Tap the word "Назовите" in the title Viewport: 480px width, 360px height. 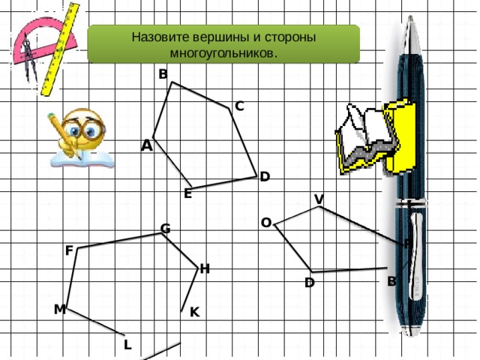(x=160, y=37)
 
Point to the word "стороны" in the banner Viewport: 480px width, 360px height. (x=290, y=37)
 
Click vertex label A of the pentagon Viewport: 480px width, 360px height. (x=147, y=145)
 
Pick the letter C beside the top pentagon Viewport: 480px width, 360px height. (x=239, y=106)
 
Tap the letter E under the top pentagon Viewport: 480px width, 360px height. (x=188, y=193)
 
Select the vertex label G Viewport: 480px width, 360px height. (x=165, y=229)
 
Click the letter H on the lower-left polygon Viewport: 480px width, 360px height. (x=205, y=269)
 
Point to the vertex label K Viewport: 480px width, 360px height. (x=195, y=312)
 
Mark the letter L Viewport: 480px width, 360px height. (x=127, y=345)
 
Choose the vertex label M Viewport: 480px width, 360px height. (x=60, y=310)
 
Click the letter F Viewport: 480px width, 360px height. (x=69, y=250)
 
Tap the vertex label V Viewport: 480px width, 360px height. (x=319, y=199)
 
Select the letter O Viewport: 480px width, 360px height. (x=266, y=223)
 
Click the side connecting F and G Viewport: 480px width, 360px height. (x=119, y=241)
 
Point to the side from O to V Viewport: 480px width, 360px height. (x=296, y=216)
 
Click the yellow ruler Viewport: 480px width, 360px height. (x=60, y=49)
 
